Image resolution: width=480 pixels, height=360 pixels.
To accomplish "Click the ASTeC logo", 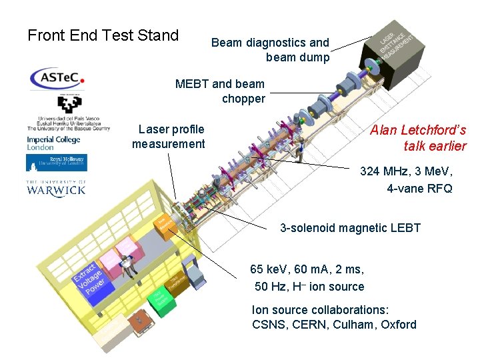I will (57, 78).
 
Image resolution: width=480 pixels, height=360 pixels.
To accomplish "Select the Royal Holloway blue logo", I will (56, 162).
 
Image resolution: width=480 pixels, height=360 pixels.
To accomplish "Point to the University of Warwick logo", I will (56, 187).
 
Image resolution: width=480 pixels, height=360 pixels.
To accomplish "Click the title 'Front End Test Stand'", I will (103, 35).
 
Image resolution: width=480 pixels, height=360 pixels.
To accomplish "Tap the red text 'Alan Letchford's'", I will (418, 131).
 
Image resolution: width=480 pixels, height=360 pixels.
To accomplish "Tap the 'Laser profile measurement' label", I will (169, 136).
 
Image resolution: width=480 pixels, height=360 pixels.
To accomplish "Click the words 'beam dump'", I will (297, 57).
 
